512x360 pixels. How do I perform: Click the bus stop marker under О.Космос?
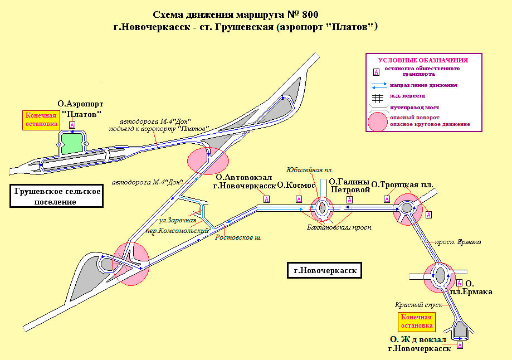[300, 199]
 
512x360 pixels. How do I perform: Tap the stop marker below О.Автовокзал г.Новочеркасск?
[266, 199]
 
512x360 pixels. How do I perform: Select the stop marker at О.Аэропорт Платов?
[71, 125]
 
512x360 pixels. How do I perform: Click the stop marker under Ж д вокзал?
[460, 346]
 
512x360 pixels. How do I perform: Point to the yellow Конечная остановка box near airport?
[40, 120]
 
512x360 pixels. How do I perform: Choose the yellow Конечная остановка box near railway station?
[417, 322]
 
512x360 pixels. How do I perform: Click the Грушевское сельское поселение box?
[58, 196]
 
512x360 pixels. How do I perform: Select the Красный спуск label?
[418, 305]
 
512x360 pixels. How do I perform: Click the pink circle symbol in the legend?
[377, 121]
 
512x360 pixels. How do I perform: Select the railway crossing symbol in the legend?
[377, 96]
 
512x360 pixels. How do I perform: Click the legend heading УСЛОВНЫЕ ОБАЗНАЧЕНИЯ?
[422, 60]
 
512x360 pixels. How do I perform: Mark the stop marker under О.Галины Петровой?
[349, 199]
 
